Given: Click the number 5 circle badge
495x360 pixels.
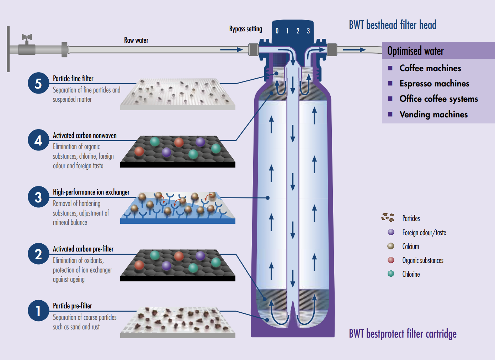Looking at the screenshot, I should point(38,83).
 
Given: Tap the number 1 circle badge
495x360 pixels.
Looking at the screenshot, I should point(38,311).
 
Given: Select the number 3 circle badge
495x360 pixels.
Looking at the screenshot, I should point(38,197).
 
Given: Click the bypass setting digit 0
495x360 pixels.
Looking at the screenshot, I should point(277,31).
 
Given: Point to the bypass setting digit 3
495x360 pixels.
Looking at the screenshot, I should point(308,31).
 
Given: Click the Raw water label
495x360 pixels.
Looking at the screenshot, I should point(136,40).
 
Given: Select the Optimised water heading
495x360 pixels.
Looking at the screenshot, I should point(415,51).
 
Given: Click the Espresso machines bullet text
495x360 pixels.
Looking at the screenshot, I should point(434,84).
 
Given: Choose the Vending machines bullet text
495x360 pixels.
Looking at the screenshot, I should point(433,115).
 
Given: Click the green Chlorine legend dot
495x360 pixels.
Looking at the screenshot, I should point(391,274).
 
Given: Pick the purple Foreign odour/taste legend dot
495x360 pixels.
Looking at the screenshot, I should point(391,232).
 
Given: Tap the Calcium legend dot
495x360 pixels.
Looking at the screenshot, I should point(391,246).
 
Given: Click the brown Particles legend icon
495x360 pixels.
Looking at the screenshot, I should point(388,217).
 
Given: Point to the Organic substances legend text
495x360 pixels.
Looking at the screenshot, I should point(423,260).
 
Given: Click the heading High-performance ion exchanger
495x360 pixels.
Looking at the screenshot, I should point(91,192).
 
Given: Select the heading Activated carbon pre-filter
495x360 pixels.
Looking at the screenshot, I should point(83,249).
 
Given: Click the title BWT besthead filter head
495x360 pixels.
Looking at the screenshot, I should point(392,25).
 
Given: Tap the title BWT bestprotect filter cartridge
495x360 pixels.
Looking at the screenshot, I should point(403,334).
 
